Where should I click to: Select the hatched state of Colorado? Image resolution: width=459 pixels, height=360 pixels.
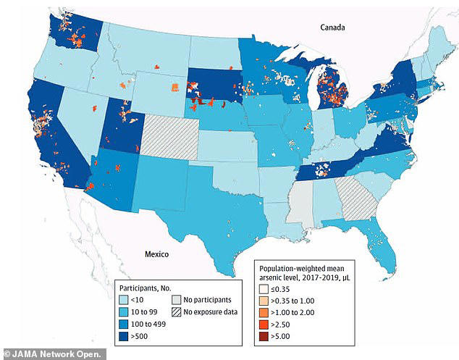(167, 135)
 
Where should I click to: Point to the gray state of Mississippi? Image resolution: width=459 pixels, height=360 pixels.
(303, 201)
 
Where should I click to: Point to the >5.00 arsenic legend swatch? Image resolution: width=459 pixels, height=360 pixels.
(266, 340)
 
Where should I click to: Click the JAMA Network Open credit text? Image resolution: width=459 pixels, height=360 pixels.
(55, 353)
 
